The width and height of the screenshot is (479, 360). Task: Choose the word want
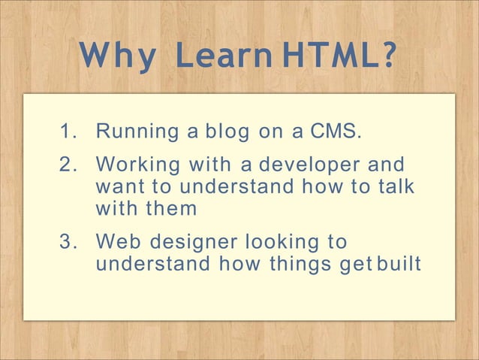tap(121, 186)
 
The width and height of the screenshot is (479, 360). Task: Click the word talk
tap(395, 186)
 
